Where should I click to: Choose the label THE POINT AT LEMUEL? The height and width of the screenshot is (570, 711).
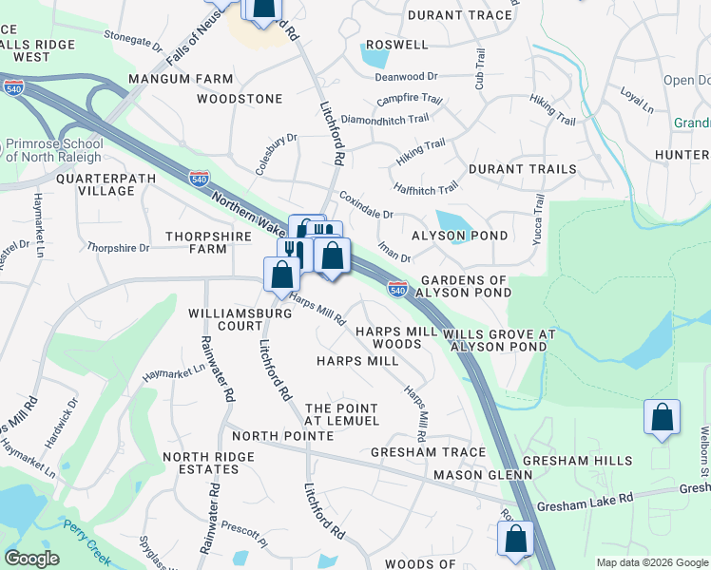click(342, 414)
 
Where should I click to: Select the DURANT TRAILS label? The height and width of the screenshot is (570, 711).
click(522, 169)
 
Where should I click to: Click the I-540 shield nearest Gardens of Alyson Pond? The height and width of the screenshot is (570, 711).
click(397, 289)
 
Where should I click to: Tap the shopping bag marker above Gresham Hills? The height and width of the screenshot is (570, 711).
click(662, 418)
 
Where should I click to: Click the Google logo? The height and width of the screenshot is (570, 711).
click(31, 559)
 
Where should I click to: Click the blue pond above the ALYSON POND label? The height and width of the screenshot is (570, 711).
click(454, 224)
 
